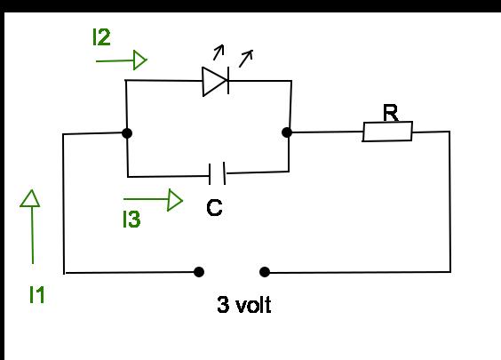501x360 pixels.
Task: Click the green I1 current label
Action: point(37,294)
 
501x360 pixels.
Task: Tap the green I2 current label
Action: point(101,37)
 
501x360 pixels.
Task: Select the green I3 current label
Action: point(131,219)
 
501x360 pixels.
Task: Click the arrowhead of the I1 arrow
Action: point(31,198)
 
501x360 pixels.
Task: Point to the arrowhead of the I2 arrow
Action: point(140,60)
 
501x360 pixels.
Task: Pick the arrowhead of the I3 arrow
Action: point(175,200)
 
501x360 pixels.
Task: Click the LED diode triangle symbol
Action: point(215,81)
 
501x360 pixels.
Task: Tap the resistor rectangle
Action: point(387,132)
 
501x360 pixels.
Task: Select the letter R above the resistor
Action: point(391,113)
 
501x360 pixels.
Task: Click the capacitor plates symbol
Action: point(218,173)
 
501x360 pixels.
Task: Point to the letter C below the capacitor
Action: point(214,208)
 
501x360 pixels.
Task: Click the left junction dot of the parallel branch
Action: point(127,133)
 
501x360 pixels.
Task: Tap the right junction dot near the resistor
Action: point(287,132)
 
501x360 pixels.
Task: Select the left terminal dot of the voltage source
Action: point(199,272)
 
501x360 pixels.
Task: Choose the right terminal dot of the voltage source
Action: point(265,272)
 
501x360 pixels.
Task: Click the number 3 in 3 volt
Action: point(223,304)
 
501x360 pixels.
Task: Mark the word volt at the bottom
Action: point(253,305)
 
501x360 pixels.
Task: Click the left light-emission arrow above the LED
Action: point(219,52)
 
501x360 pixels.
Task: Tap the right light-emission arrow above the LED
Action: point(246,58)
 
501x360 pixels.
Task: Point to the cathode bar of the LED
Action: point(228,80)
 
